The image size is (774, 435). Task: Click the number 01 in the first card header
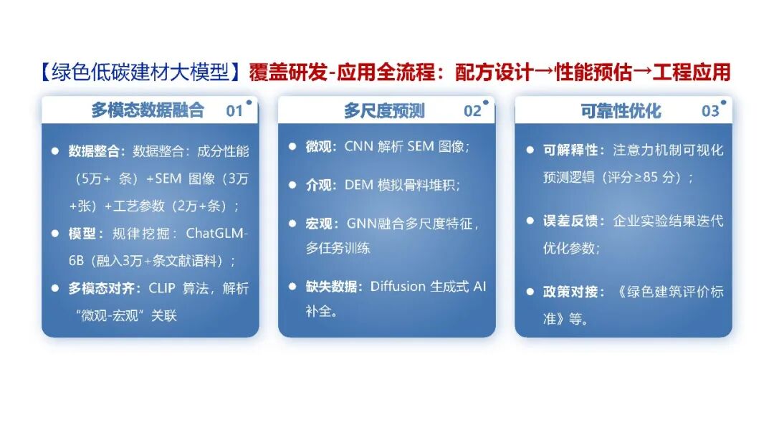[234, 110]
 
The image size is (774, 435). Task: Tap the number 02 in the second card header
[472, 110]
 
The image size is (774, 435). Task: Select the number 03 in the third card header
[710, 110]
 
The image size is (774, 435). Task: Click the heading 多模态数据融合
[148, 110]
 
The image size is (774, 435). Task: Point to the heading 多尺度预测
[385, 110]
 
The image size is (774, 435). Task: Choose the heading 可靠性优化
[621, 110]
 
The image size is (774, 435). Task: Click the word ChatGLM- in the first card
[216, 233]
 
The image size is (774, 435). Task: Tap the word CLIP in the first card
[162, 288]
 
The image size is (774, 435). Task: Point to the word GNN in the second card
[361, 224]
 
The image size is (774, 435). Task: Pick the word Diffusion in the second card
[398, 287]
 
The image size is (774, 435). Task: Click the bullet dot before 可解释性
[530, 150]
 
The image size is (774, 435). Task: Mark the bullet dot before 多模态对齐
[55, 288]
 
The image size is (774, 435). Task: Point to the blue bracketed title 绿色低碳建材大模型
[140, 72]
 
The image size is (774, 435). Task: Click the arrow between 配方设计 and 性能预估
[544, 72]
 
